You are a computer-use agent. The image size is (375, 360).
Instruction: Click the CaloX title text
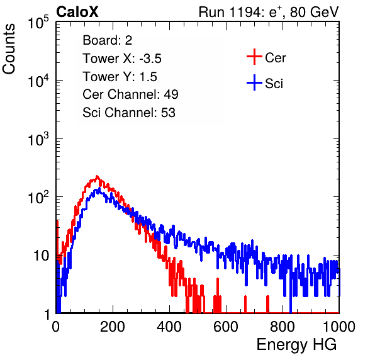[77, 12]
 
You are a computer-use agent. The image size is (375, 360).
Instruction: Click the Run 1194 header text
[269, 12]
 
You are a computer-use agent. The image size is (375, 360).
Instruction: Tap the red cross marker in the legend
[254, 57]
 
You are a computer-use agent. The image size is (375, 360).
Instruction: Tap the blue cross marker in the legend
[254, 83]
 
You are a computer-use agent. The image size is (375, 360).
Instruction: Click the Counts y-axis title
[9, 49]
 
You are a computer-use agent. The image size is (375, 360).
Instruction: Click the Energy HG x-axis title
[296, 345]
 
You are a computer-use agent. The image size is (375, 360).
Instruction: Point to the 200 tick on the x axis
[112, 326]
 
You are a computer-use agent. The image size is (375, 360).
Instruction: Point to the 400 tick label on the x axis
[169, 326]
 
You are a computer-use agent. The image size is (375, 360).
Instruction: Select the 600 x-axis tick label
[226, 326]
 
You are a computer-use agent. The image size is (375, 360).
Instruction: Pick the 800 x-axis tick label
[283, 326]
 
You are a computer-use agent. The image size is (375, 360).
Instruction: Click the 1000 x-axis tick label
[339, 326]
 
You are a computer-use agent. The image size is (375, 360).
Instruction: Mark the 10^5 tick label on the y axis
[38, 22]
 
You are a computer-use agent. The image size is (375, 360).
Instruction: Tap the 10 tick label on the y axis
[42, 256]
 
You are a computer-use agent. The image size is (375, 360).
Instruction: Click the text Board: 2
[107, 40]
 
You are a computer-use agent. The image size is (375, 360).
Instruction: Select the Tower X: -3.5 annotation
[122, 59]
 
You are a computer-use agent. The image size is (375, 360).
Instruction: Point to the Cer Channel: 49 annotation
[130, 94]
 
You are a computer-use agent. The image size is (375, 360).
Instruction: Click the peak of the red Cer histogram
[97, 176]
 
